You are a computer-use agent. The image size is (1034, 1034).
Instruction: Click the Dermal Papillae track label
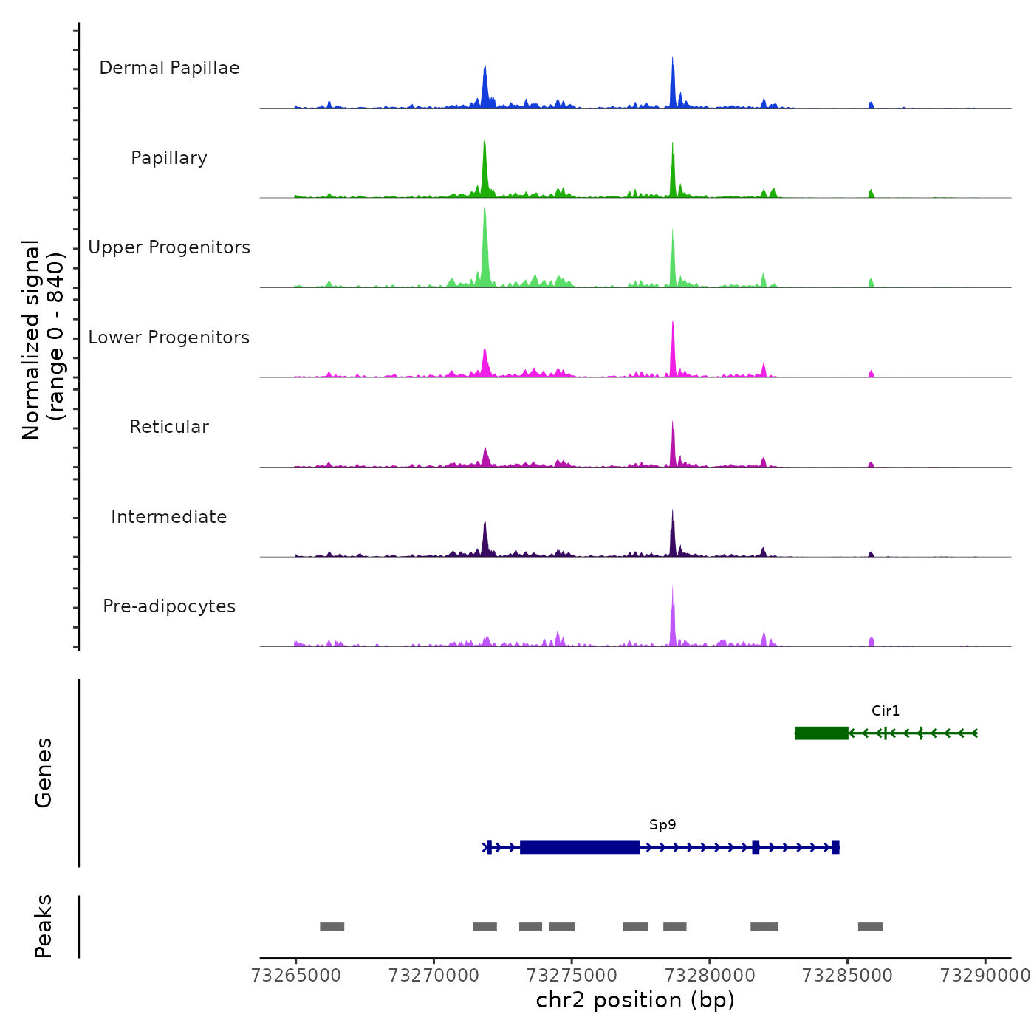[169, 68]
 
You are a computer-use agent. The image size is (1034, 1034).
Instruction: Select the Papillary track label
[169, 158]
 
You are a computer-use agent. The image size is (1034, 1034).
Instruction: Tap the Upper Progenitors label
[169, 247]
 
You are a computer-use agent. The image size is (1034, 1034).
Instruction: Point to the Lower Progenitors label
[169, 338]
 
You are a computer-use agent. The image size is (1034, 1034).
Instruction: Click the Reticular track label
[169, 427]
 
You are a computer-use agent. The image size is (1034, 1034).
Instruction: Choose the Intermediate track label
[169, 517]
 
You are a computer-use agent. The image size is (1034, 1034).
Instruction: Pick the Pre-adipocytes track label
[169, 606]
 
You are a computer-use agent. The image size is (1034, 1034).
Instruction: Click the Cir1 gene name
[886, 711]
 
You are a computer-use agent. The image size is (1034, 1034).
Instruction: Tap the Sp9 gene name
[662, 825]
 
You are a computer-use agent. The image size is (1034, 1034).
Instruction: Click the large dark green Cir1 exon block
[822, 733]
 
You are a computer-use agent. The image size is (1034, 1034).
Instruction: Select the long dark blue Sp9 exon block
[580, 847]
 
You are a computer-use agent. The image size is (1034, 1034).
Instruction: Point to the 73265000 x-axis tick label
[296, 976]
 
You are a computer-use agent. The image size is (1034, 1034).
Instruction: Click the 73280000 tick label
[710, 976]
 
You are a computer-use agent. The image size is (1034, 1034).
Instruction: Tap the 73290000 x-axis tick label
[985, 976]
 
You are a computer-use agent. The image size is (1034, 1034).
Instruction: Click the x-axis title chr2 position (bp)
[635, 1001]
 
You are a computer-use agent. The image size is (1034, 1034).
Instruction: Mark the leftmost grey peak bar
[332, 927]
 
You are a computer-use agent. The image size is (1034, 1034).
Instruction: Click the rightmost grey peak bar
[870, 927]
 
